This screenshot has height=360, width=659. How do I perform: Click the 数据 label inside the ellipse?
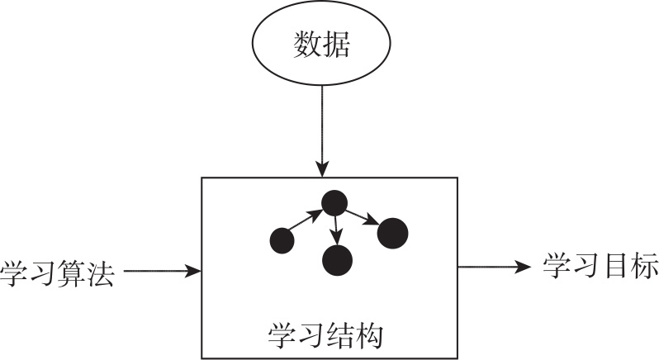coord(321,44)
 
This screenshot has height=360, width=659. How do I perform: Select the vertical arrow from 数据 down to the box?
coord(322,131)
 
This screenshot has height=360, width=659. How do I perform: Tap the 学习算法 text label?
coord(57,274)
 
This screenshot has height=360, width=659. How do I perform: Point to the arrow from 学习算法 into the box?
coord(163,271)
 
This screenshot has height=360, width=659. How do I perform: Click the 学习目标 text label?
coord(600,266)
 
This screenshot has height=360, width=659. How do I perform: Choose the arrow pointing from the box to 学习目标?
coord(494,267)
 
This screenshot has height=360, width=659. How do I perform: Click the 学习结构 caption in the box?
coord(325,335)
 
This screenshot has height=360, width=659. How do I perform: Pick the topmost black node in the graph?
coord(334,203)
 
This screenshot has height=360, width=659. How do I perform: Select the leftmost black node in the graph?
coord(282,241)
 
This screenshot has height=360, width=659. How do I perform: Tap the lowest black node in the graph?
coord(337,260)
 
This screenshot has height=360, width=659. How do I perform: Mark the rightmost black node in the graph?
coord(393,233)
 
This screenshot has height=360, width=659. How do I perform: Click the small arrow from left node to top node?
coord(306,220)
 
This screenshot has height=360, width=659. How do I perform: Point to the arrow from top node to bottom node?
coord(336,230)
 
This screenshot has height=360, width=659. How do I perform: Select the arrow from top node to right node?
coord(362,217)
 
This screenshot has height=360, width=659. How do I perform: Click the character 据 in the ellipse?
coord(336,44)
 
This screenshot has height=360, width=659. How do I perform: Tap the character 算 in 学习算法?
coord(72,274)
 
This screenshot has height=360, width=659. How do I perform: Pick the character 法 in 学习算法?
coord(101,274)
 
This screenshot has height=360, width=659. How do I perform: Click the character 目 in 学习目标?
coord(615,266)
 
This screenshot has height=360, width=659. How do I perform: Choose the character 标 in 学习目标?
coord(644,266)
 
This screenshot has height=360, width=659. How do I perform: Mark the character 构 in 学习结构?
coord(369,335)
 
